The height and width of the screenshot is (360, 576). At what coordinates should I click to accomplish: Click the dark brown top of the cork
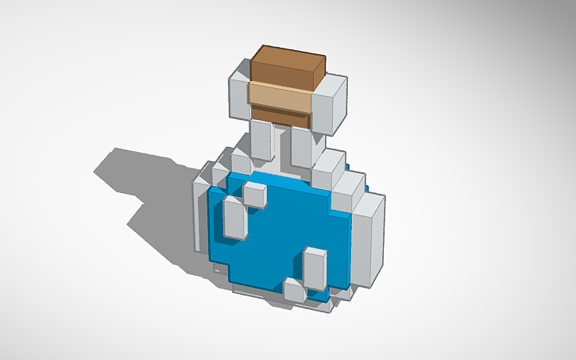click(x=288, y=61)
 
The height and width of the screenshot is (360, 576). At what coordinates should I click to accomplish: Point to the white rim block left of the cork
click(x=238, y=92)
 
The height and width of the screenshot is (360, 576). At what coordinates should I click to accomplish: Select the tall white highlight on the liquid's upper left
click(x=234, y=219)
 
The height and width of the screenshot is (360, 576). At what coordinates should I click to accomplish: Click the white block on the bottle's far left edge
click(x=199, y=211)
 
